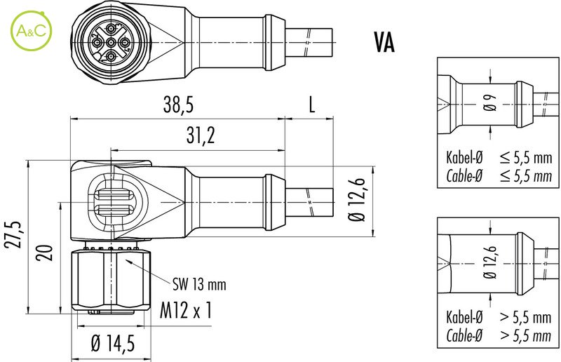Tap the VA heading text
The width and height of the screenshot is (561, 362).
384,43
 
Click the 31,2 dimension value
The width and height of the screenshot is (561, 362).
200,137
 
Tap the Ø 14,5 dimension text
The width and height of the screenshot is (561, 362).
113,343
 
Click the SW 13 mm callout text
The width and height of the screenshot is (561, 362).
200,284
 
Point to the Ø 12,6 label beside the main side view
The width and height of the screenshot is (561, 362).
358,199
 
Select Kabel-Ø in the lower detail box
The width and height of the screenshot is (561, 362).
464,318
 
